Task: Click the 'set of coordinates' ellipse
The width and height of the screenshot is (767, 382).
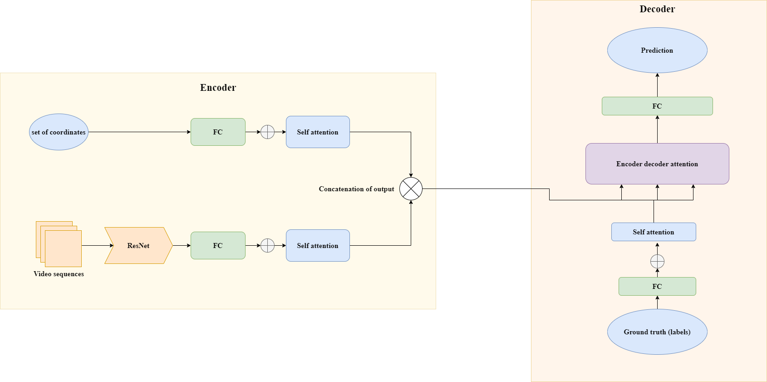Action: coord(59,132)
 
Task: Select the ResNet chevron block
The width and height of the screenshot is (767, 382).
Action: coord(138,246)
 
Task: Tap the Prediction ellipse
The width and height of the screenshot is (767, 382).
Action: coord(657,50)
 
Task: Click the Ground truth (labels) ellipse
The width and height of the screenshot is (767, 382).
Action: coord(657,332)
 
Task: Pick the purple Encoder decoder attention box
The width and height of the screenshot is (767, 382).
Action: coord(657,164)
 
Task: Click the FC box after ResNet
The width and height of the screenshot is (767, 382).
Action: coord(218,246)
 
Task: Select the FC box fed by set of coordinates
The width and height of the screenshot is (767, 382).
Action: coord(218,132)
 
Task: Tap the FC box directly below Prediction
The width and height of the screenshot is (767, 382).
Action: coord(657,106)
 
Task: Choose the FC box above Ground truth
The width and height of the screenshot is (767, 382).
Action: coord(657,287)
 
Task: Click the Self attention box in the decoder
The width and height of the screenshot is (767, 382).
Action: coord(654,232)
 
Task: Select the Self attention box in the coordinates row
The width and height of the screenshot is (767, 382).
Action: coord(318,132)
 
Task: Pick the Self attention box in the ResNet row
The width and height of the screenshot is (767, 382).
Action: coord(318,246)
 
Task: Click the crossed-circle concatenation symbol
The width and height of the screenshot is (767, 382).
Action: coord(411,189)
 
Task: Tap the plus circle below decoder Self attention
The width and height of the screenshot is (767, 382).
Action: coord(657,262)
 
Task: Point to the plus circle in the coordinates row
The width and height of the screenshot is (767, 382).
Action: coord(268,132)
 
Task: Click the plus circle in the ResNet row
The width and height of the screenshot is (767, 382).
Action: coord(268,246)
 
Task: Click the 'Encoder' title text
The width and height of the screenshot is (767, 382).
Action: coord(218,88)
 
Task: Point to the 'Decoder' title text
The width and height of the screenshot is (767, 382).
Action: coord(657,9)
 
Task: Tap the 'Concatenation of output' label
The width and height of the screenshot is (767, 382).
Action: coord(356,189)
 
